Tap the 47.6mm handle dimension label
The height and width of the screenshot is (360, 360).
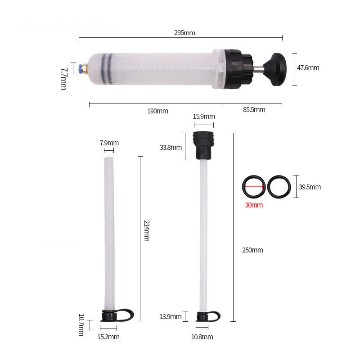(x=308, y=68)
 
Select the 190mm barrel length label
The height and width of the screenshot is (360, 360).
(x=157, y=111)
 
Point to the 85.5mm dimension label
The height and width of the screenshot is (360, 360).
(x=254, y=109)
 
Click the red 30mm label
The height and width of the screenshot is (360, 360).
(x=254, y=205)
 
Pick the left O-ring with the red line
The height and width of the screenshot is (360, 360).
(x=253, y=186)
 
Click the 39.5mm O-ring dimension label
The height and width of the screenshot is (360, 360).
(x=310, y=187)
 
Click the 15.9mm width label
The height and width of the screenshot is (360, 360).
(x=203, y=116)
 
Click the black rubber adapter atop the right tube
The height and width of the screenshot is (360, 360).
(x=203, y=145)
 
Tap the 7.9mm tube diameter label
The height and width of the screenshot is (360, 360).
(x=109, y=143)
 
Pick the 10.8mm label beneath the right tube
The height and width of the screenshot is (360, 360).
(x=202, y=337)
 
